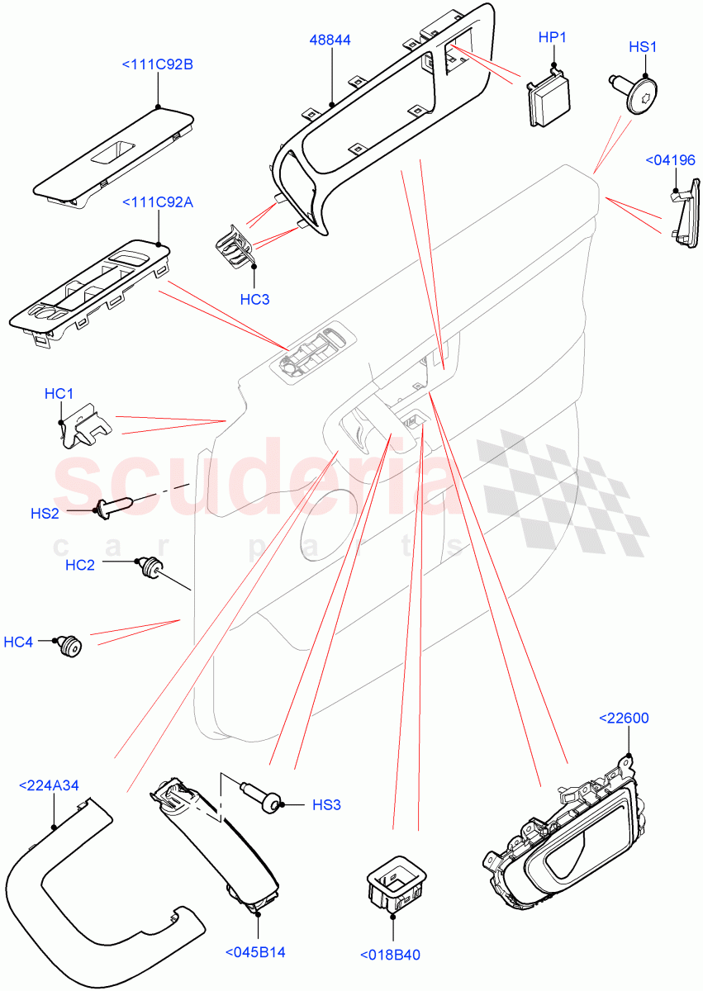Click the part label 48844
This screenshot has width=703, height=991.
(x=332, y=39)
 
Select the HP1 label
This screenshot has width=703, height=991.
(x=552, y=39)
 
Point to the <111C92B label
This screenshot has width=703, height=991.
(x=157, y=64)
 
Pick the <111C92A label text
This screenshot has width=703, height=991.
(x=157, y=202)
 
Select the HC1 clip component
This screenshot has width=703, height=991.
(x=84, y=424)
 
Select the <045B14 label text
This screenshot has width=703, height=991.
(x=255, y=952)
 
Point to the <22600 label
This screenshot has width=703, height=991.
(x=623, y=718)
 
